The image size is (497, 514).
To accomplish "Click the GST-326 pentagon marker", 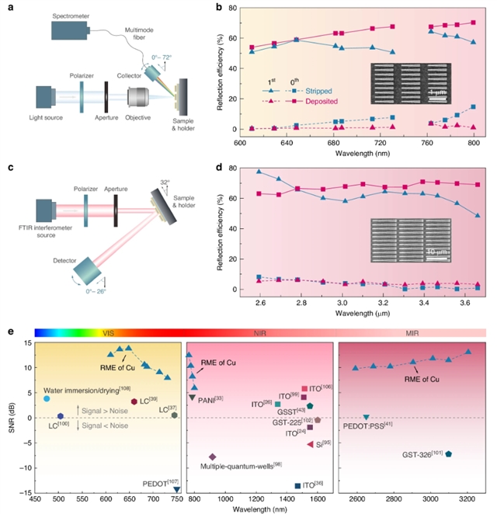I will (x=449, y=453).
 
